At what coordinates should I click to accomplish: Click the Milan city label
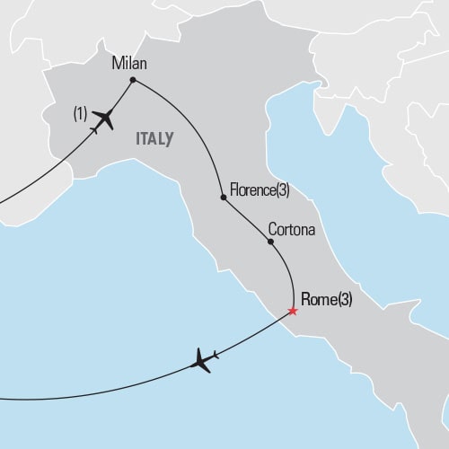click(x=129, y=64)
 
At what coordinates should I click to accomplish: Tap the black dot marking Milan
click(x=133, y=80)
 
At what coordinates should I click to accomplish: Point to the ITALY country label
click(x=154, y=138)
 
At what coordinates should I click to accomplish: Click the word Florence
click(x=252, y=189)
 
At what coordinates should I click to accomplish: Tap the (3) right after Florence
click(x=283, y=189)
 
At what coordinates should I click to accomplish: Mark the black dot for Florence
click(x=223, y=196)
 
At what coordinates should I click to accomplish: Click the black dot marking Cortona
click(x=269, y=241)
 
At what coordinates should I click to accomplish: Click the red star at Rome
click(x=292, y=312)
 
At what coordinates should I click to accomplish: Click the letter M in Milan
click(x=118, y=64)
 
